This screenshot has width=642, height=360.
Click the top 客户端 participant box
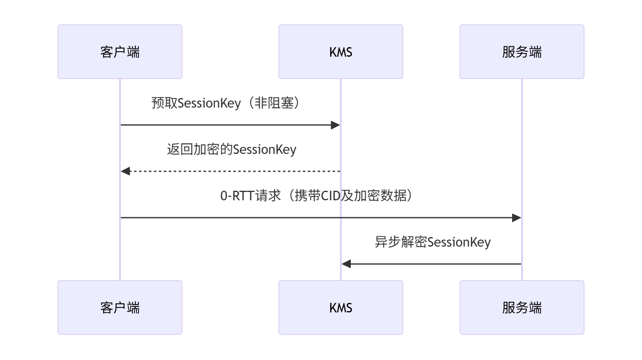(120, 52)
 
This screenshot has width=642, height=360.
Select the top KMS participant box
(341, 52)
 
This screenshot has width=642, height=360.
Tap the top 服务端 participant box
(522, 52)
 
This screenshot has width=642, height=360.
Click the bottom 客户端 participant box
(120, 307)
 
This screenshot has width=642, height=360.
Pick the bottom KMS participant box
(341, 307)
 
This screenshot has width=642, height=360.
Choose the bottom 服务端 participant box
(522, 307)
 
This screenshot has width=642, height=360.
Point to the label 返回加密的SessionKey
(232, 149)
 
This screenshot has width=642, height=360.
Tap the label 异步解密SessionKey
(433, 242)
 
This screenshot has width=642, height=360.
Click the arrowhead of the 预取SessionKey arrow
(335, 125)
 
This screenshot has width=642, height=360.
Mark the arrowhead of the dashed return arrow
(125, 171)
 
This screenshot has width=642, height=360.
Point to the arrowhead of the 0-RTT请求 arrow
(517, 218)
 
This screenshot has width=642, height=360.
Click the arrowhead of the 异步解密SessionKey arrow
(346, 264)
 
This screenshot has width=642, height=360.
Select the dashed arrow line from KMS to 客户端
(230, 171)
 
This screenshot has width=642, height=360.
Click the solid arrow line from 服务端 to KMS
(431, 264)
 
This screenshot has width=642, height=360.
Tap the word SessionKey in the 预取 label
(209, 103)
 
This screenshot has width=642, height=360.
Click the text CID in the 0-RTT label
(331, 196)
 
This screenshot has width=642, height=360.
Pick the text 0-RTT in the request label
(237, 196)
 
